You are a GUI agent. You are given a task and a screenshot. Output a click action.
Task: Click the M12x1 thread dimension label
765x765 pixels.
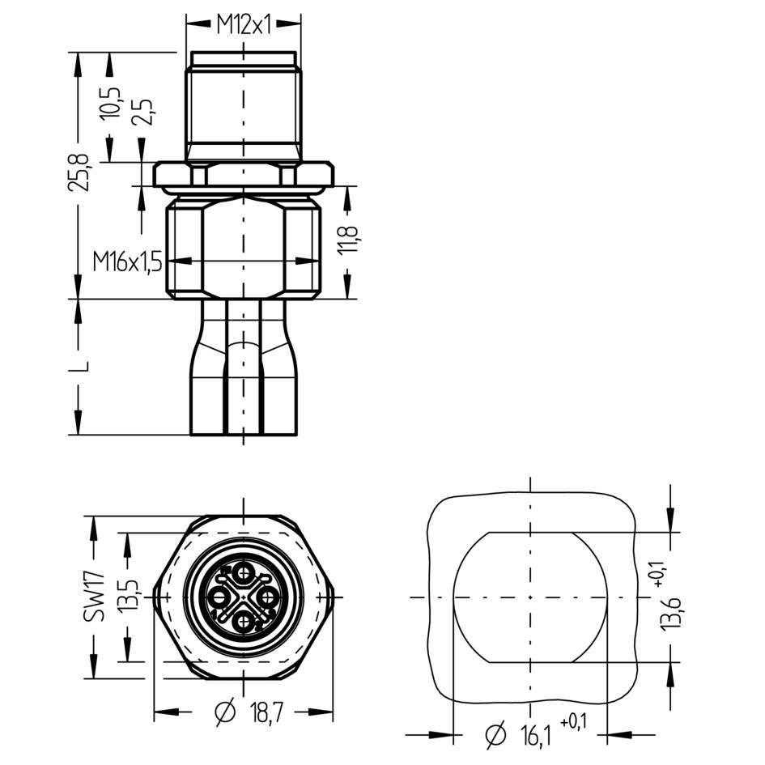tap(244, 25)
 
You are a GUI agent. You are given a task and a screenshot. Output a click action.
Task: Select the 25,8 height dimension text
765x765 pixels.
tap(79, 172)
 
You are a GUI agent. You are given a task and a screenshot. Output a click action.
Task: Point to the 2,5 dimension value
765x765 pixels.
tap(142, 112)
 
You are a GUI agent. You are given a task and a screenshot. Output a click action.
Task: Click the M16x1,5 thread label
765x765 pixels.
tap(127, 262)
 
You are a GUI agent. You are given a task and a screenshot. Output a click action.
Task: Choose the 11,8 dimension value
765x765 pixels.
tap(348, 240)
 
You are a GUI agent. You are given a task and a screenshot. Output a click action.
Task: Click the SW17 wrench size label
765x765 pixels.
tap(94, 597)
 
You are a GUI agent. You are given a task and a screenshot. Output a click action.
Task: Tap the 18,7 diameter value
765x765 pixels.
tap(266, 714)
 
